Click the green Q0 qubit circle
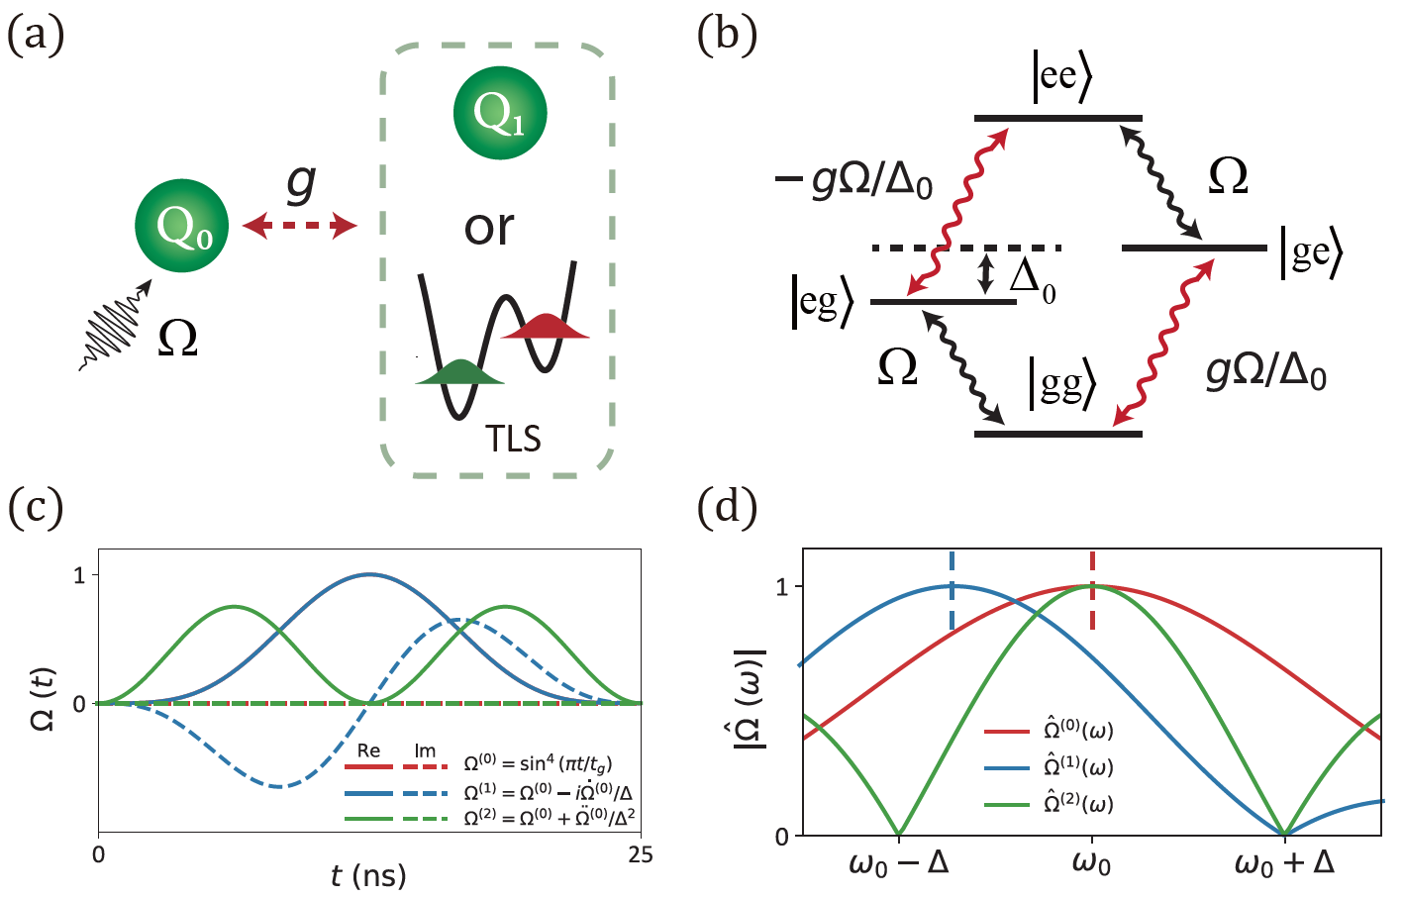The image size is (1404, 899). click(182, 226)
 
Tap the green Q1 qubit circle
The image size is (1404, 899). click(500, 113)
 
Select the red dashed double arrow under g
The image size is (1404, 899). click(300, 227)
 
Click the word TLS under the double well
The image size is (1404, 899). click(513, 439)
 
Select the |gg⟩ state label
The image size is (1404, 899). click(1061, 383)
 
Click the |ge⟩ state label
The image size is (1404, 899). click(1312, 252)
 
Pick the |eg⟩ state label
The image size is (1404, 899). click(822, 303)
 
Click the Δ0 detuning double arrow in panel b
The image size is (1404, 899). click(984, 274)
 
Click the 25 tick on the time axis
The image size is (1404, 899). click(641, 854)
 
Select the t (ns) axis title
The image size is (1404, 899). click(368, 875)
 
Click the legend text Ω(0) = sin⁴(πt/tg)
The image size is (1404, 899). click(538, 765)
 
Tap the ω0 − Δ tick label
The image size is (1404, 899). click(899, 863)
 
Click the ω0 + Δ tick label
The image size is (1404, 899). click(1283, 863)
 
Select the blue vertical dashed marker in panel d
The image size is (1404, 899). click(952, 591)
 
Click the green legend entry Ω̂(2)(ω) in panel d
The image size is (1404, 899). click(1078, 804)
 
